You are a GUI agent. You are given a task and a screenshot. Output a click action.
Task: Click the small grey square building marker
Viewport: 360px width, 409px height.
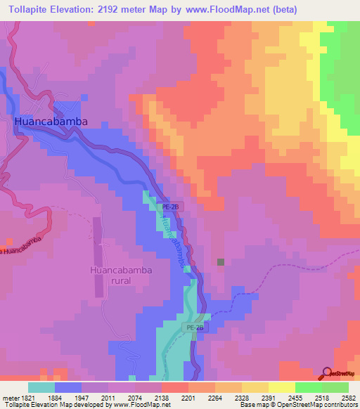pos(221,262)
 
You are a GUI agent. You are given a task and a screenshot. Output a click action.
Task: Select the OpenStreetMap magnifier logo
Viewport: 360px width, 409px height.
pos(326,374)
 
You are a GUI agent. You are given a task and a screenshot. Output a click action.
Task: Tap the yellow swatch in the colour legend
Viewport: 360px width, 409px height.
pos(281,387)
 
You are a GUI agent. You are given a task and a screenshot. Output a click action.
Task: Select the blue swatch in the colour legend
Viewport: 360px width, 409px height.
pos(68,387)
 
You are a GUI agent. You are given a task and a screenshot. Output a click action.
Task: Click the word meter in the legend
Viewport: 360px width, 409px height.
pos(10,397)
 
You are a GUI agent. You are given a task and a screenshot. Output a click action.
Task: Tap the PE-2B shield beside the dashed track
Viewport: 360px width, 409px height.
pos(194,327)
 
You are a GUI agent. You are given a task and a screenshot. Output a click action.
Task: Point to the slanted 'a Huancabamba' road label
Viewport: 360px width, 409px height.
pos(22,246)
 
